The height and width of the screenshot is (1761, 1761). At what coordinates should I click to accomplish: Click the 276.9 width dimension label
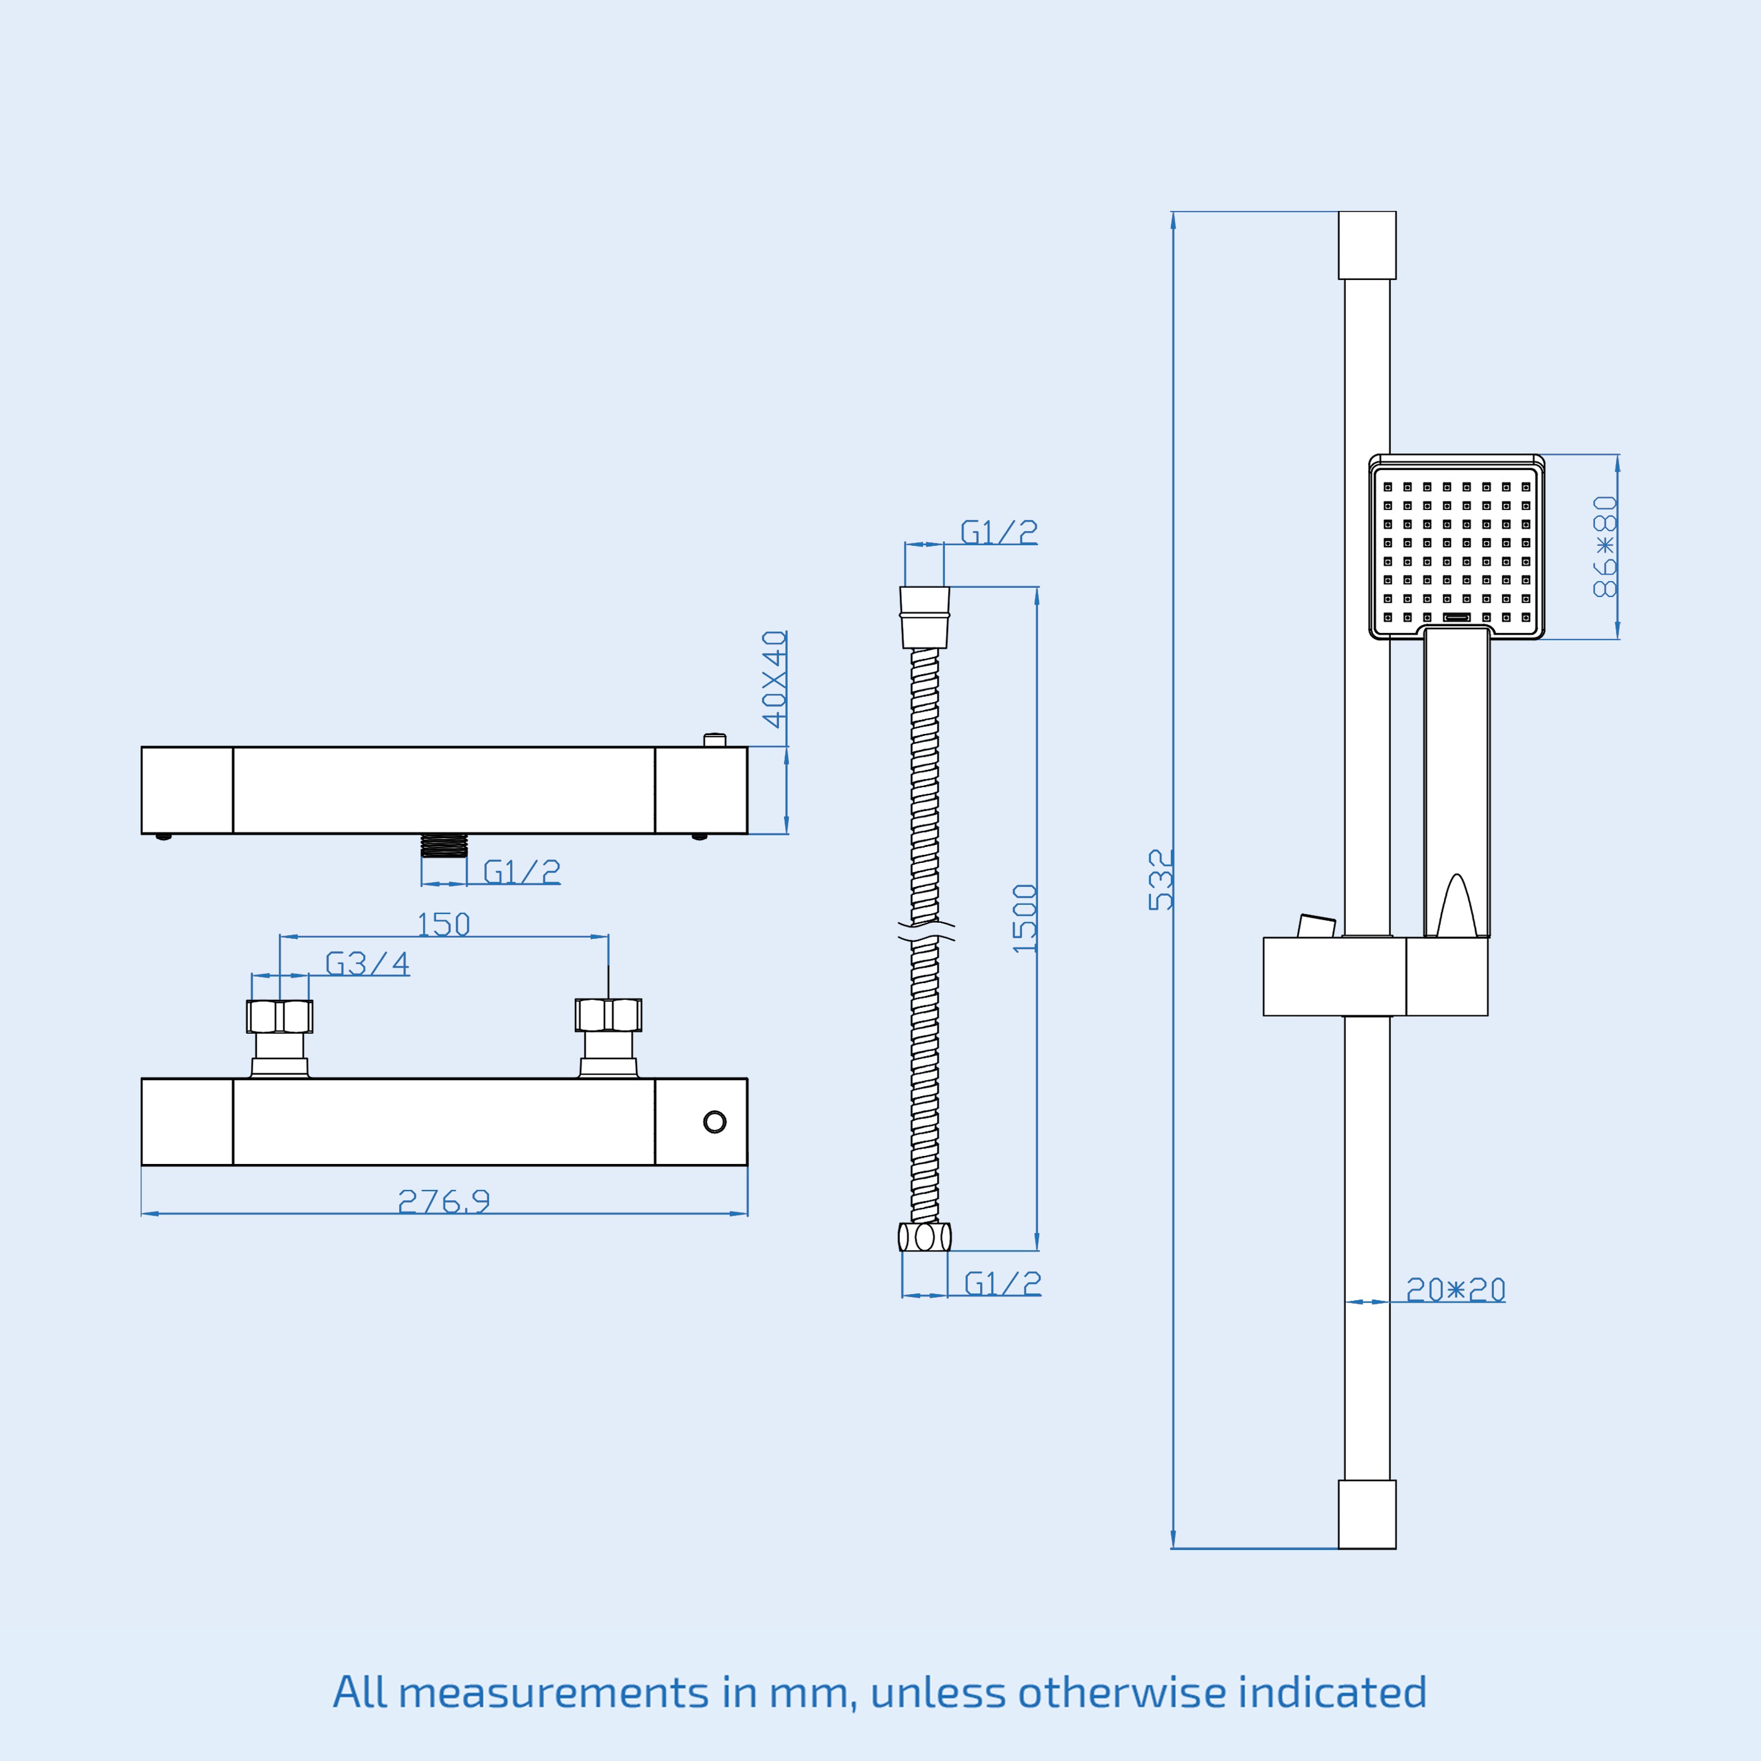click(x=444, y=1202)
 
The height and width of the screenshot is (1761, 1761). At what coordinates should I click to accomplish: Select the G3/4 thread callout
click(x=368, y=963)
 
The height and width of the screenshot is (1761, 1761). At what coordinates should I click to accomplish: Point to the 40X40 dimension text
click(x=775, y=679)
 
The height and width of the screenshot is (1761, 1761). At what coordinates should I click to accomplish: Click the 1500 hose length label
click(x=1025, y=919)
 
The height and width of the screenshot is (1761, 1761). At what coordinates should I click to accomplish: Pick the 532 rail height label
click(x=1160, y=880)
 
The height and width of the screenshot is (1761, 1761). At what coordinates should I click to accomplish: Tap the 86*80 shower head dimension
click(x=1604, y=547)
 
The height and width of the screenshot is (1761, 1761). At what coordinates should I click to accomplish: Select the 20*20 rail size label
click(x=1456, y=1290)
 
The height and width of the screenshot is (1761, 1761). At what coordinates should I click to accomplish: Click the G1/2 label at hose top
click(x=999, y=532)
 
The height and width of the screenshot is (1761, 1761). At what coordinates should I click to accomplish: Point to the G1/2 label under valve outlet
click(x=521, y=872)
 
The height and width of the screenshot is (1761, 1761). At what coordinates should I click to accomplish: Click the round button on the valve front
click(x=715, y=1122)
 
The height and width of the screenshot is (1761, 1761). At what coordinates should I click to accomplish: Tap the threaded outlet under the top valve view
click(x=444, y=845)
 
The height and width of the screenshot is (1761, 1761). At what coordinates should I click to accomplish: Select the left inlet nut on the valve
click(x=280, y=1017)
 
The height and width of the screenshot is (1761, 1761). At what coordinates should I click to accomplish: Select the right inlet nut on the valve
click(x=608, y=1015)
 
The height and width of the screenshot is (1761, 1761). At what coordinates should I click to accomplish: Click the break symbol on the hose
click(x=926, y=931)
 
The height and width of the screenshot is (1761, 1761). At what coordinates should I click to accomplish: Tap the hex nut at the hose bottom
click(x=924, y=1237)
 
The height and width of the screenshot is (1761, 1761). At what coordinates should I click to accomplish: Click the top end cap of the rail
click(x=1366, y=245)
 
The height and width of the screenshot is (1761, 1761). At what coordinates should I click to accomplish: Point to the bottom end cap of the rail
click(x=1366, y=1514)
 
